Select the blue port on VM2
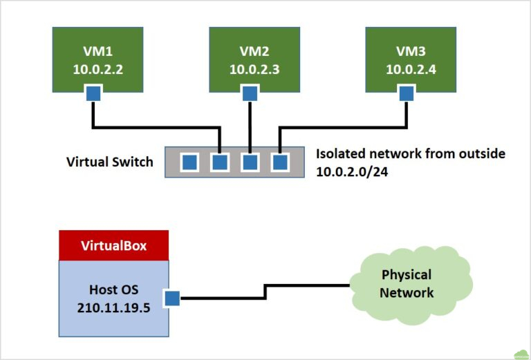click(250, 93)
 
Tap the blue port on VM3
click(407, 93)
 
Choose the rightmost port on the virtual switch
click(279, 162)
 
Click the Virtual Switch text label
click(109, 162)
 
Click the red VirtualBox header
click(114, 245)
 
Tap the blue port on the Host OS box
click(171, 299)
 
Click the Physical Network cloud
click(408, 283)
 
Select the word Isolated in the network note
click(341, 153)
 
